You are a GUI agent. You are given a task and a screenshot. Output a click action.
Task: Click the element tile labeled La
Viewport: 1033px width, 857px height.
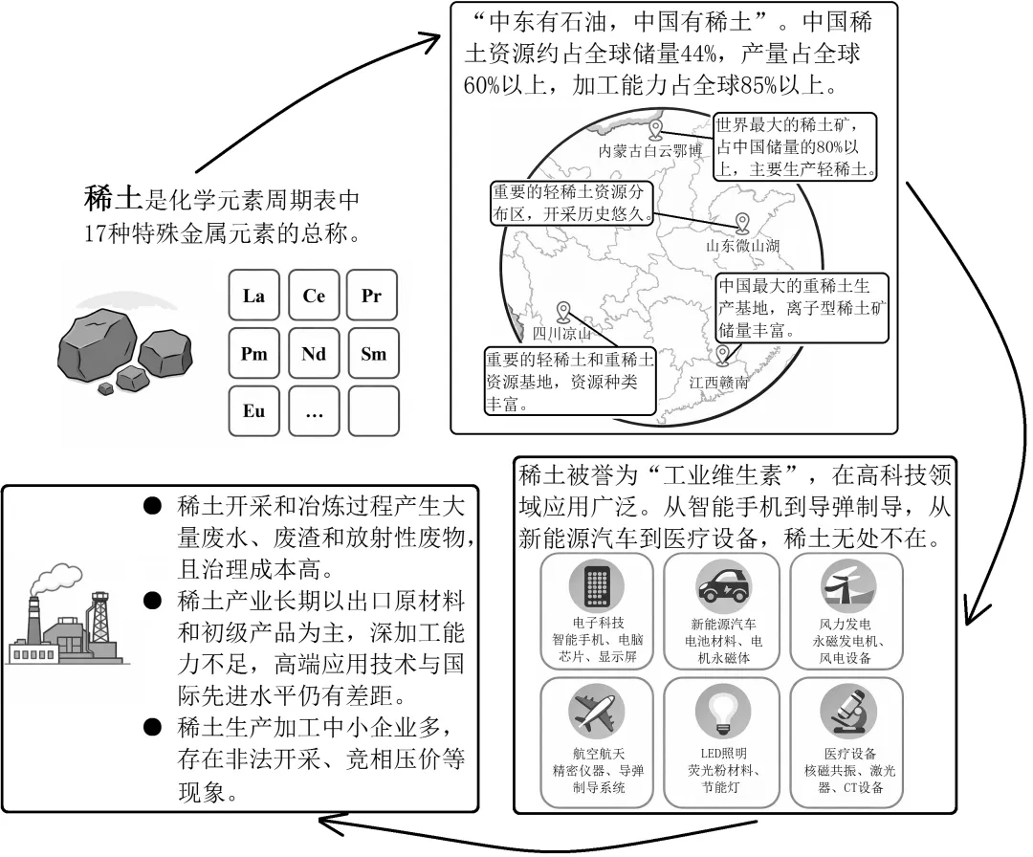[254, 296]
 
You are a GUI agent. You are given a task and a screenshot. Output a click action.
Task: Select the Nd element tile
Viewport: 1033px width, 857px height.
[314, 354]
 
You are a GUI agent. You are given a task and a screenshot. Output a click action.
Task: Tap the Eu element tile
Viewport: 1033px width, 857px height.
[254, 411]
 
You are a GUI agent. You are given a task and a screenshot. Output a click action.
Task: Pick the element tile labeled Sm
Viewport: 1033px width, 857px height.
[374, 354]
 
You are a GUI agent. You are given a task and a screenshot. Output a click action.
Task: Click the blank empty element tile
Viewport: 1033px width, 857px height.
[374, 411]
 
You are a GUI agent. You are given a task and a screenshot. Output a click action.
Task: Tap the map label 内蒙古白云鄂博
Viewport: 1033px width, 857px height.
[650, 151]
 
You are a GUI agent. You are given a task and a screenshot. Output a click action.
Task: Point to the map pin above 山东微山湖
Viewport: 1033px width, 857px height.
[742, 223]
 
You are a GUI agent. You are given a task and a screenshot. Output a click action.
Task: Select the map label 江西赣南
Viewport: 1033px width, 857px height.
[718, 383]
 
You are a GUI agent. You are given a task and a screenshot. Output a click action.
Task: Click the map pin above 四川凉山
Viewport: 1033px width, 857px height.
[563, 312]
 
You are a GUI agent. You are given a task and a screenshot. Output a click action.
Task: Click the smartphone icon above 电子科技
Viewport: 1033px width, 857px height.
[596, 585]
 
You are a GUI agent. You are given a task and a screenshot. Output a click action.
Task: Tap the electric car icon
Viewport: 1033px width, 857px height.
[723, 583]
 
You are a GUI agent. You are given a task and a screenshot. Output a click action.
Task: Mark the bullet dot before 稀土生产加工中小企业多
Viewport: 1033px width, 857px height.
[152, 727]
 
